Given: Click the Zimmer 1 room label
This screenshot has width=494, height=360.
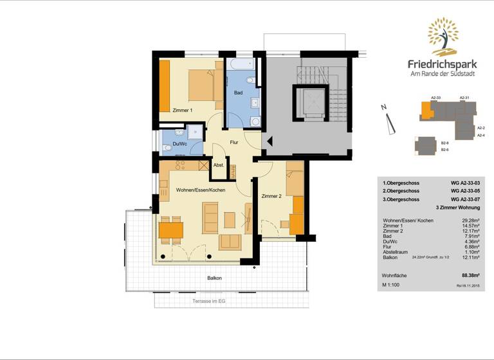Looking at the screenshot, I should pos(183,111).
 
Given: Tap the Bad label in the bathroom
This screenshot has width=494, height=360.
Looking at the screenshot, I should pos(238,93).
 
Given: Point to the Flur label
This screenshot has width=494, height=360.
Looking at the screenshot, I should pos(235,143).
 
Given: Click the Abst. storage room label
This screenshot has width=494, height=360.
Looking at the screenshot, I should pos(219,165).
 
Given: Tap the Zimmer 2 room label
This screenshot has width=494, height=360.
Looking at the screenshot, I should pos(271,195).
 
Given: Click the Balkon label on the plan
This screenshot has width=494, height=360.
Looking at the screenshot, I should pos(214,278).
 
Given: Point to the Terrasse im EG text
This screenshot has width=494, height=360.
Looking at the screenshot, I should pos(210,301).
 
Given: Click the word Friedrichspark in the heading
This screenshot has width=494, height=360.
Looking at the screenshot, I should pos(443,64).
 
